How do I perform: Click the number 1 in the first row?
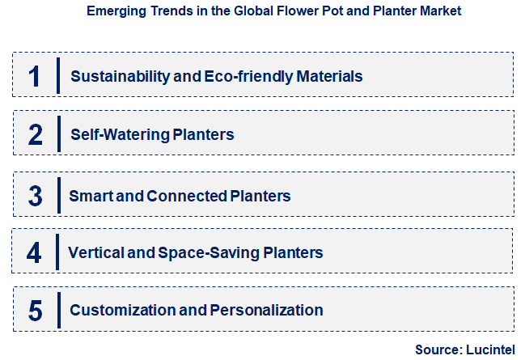(34, 76)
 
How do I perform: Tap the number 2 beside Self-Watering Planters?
(35, 134)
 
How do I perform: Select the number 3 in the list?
(35, 196)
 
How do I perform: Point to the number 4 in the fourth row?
(34, 252)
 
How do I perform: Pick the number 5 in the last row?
(35, 310)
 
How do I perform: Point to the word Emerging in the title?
(113, 12)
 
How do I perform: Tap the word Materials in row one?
(329, 77)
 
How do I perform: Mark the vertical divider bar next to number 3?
(58, 196)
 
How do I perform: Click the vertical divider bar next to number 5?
(58, 310)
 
